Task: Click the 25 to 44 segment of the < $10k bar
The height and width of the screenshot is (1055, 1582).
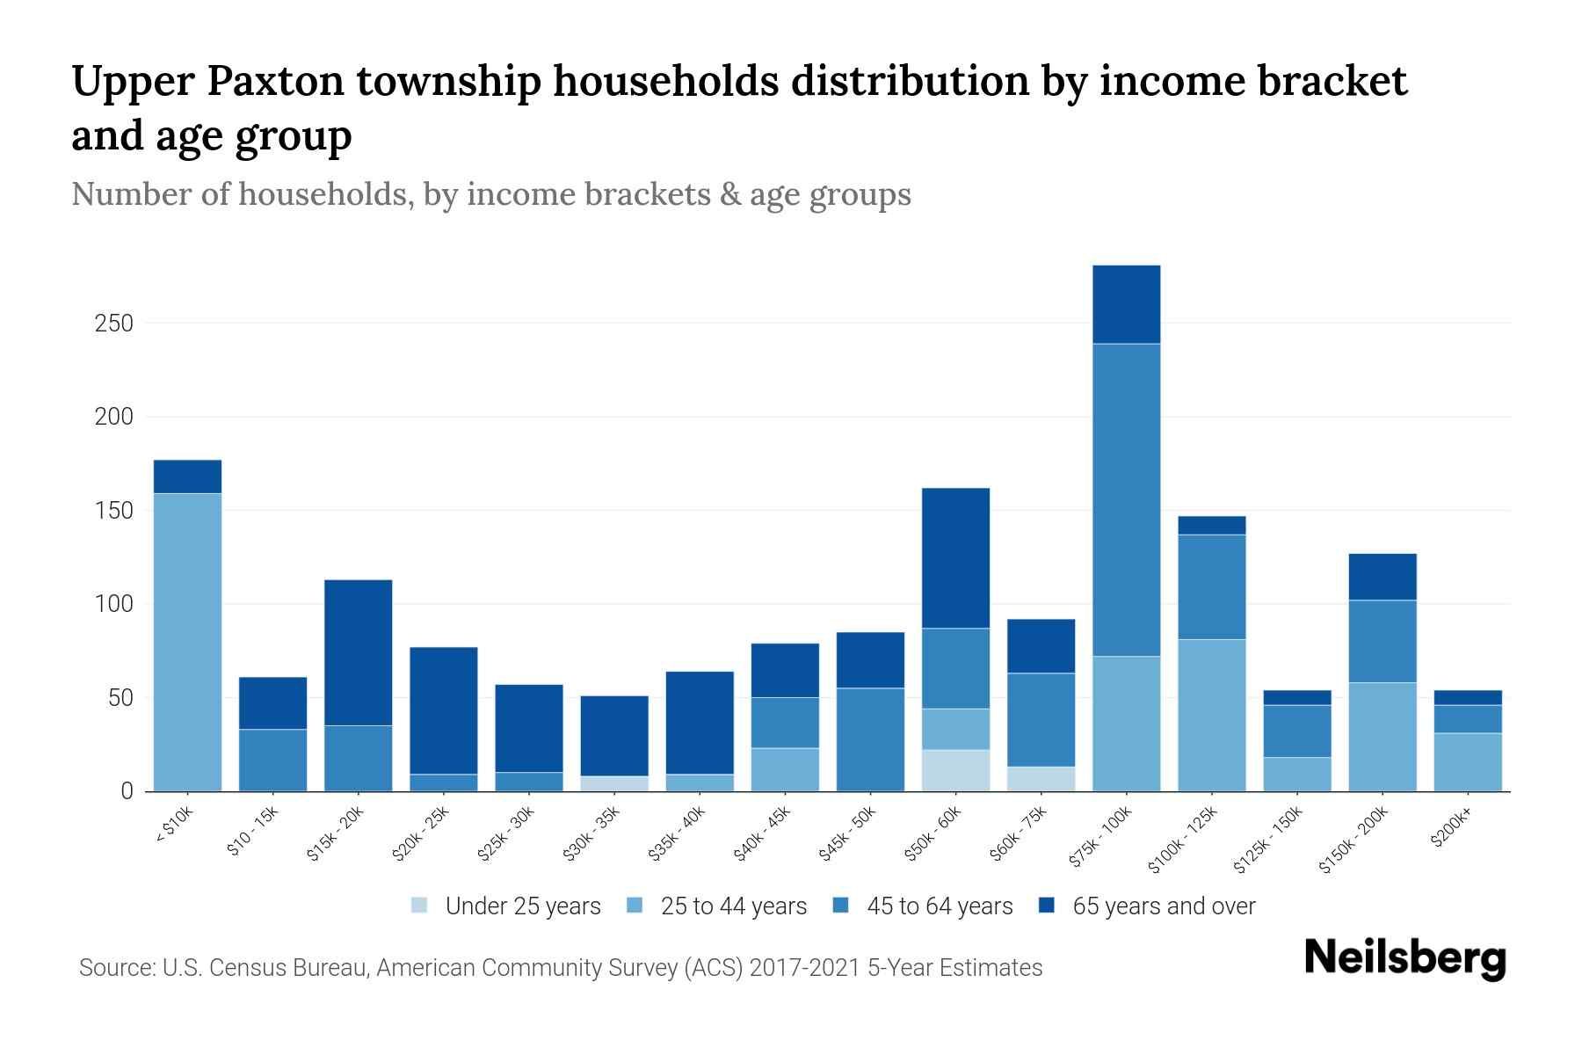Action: tap(187, 642)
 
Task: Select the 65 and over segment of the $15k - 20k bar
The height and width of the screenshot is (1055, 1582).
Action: tap(358, 652)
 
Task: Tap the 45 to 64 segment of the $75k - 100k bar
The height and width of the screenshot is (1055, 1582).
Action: tap(1127, 499)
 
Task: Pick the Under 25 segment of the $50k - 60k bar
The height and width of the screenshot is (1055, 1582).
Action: tap(955, 770)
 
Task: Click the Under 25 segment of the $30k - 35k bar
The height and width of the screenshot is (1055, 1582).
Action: tap(614, 783)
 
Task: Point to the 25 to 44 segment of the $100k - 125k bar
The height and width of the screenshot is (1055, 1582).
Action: tap(1212, 715)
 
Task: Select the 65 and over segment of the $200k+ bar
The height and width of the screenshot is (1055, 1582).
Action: tap(1468, 697)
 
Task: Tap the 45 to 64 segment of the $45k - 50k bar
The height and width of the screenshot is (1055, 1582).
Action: tap(870, 739)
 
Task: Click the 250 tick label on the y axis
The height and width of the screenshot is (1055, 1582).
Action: tap(114, 324)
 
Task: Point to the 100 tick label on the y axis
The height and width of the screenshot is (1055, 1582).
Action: tap(114, 605)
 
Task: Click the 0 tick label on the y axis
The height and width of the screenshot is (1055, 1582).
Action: tap(127, 791)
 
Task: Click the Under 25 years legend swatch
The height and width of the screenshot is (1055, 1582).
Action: tap(420, 906)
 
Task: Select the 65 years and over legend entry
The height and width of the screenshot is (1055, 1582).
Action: tap(1163, 906)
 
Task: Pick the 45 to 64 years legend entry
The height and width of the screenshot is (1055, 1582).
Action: tap(939, 906)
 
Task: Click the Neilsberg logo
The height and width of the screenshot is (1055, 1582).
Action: tap(1404, 958)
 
